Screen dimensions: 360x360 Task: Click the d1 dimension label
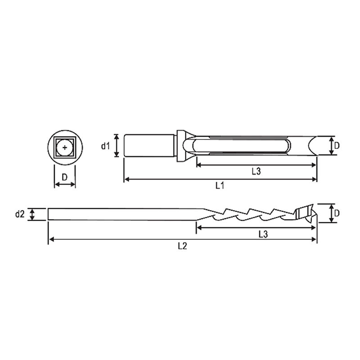106,146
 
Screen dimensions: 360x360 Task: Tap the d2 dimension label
19,214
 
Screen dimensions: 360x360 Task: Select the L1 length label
220,185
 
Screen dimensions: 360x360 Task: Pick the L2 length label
183,246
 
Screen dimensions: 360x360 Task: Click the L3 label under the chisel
256,171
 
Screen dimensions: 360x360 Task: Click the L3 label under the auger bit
263,234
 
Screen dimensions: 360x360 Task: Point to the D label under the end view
65,177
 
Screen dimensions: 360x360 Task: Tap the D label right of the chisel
337,145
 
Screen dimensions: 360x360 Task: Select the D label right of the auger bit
337,213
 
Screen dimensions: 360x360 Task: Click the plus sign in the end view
65,148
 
